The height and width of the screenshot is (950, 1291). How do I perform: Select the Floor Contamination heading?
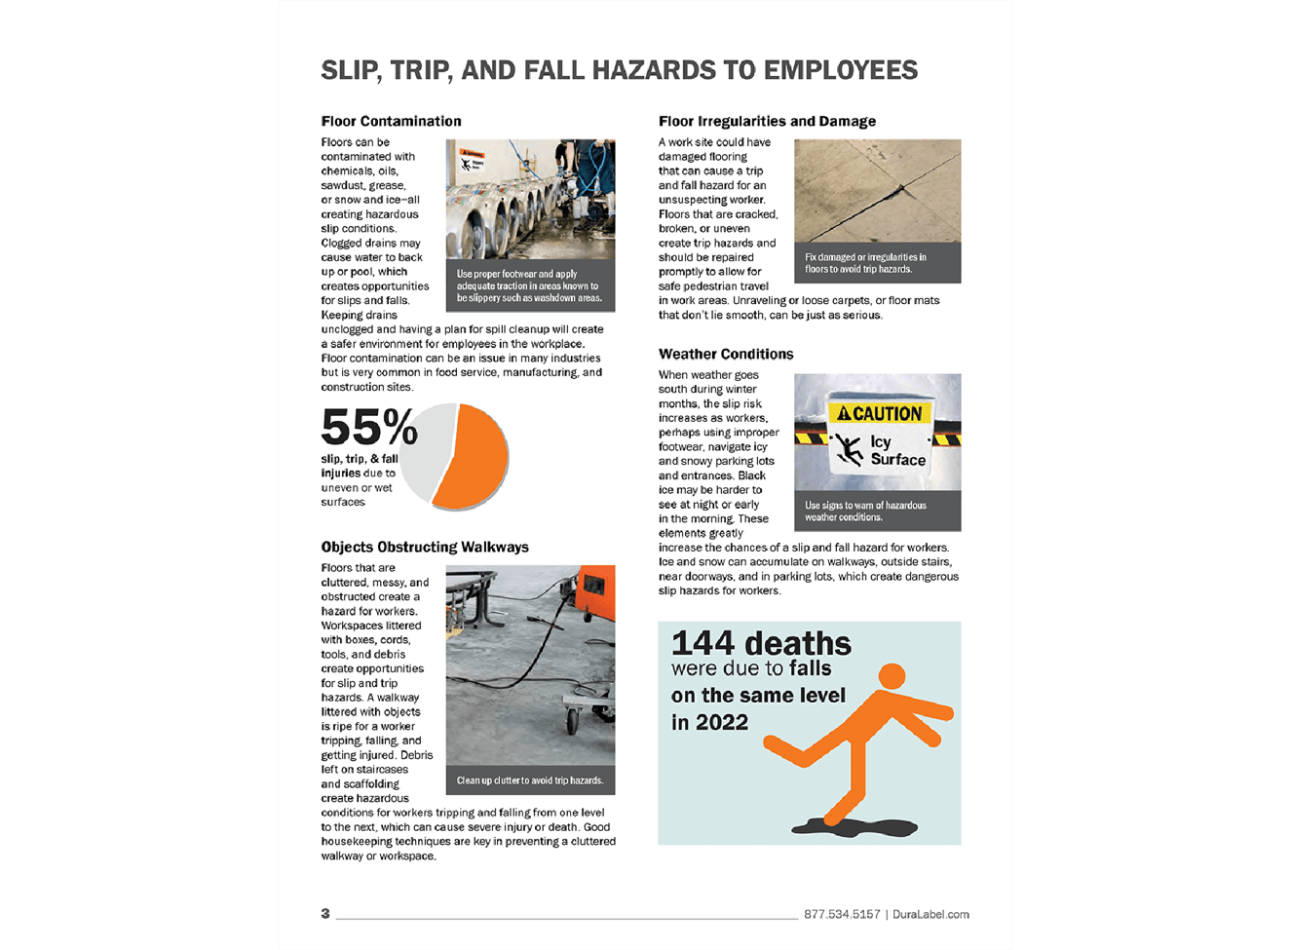pyautogui.click(x=391, y=122)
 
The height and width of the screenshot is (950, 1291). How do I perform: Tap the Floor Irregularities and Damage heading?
pyautogui.click(x=767, y=122)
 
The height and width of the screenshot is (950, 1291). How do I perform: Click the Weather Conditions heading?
pyautogui.click(x=726, y=355)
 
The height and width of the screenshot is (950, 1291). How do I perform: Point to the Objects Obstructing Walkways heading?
pyautogui.click(x=425, y=548)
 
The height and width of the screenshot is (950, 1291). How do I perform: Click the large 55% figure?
pyautogui.click(x=368, y=428)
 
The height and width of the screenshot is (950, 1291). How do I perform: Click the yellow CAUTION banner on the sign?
pyautogui.click(x=879, y=414)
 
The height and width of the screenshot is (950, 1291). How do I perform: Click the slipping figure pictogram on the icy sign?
pyautogui.click(x=849, y=449)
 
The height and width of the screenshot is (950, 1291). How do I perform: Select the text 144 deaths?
pyautogui.click(x=761, y=644)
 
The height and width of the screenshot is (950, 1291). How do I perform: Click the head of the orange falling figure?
pyautogui.click(x=892, y=676)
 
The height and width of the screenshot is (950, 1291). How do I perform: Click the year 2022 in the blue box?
pyautogui.click(x=722, y=723)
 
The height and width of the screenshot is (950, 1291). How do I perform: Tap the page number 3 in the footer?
pyautogui.click(x=325, y=914)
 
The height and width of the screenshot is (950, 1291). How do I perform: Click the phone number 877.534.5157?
pyautogui.click(x=842, y=915)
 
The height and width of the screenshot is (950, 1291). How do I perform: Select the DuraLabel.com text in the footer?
pyautogui.click(x=930, y=915)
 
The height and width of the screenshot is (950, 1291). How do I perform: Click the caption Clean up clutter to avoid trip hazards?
pyautogui.click(x=530, y=780)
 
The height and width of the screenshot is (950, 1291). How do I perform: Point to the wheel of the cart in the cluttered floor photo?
pyautogui.click(x=573, y=724)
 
